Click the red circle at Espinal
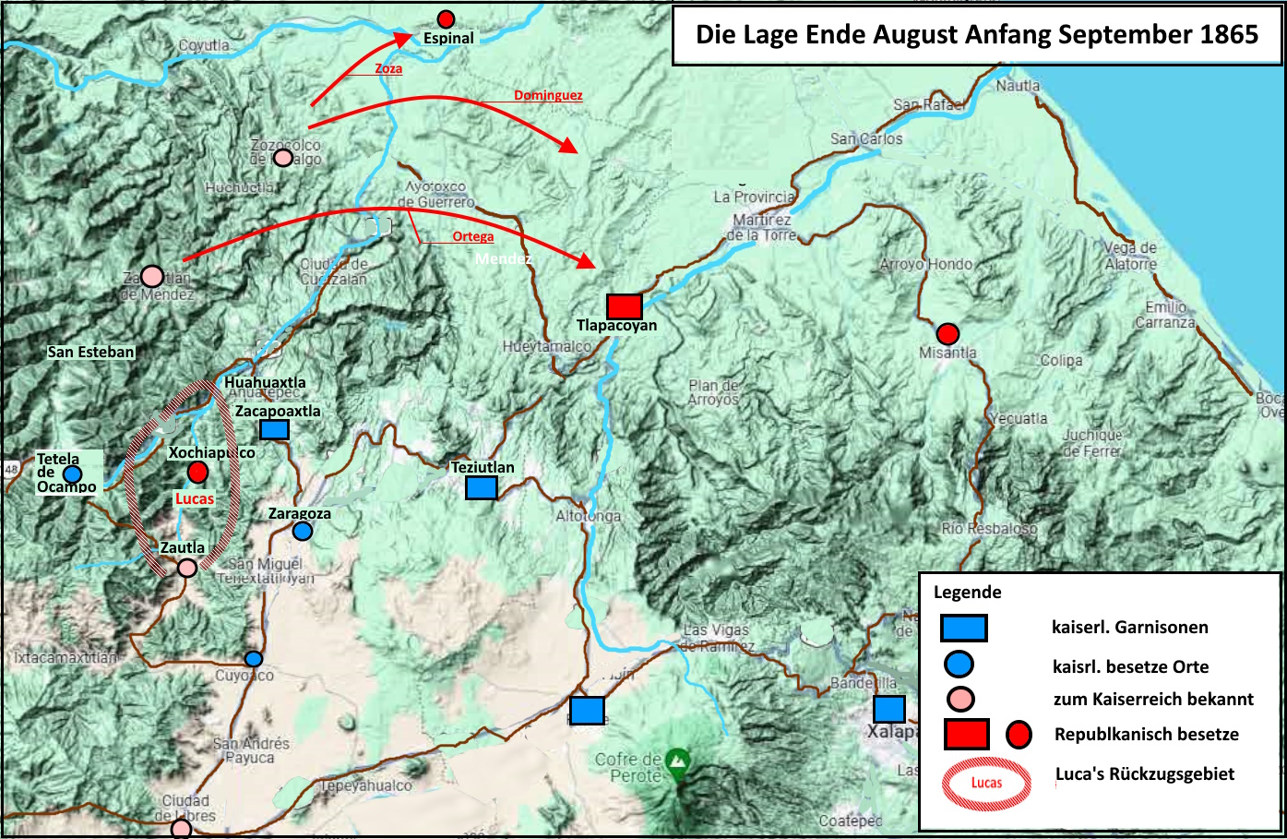pos(446,18)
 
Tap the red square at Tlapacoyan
pos(624,306)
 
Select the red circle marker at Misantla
pos(947,333)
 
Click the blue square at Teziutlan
pos(481,487)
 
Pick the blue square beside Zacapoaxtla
pos(274,429)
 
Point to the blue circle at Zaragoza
pos(302,531)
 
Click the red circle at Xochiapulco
pos(197,473)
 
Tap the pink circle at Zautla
pos(186,568)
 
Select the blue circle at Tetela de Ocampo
pos(72,473)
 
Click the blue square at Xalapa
pos(888,709)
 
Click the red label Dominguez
pos(548,95)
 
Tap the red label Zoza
pos(388,68)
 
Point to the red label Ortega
pos(473,236)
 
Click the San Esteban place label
pos(91,352)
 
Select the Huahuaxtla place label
pos(265,382)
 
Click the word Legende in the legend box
pos(967,593)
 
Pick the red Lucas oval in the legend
pos(986,783)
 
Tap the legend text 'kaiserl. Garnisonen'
pos(1129,628)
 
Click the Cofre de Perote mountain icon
pos(678,760)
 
